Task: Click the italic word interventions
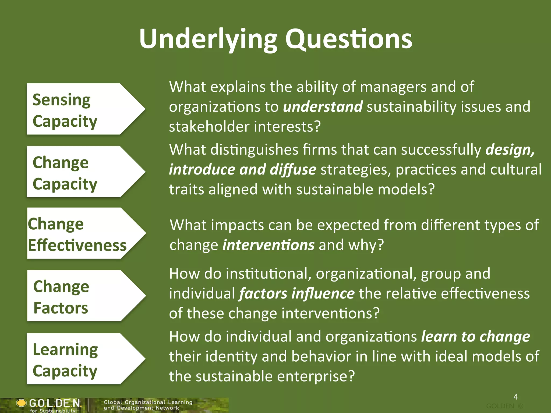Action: click(x=269, y=245)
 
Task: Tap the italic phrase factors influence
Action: click(x=297, y=293)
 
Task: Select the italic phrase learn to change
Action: click(x=475, y=337)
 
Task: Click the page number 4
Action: click(x=516, y=397)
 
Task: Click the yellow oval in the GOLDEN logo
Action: click(x=21, y=403)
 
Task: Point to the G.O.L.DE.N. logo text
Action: click(x=55, y=403)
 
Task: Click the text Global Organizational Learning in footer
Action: click(x=148, y=402)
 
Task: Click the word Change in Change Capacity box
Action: click(x=61, y=163)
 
